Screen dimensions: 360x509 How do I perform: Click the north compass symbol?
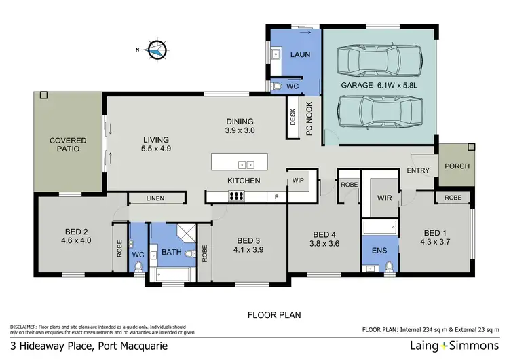click(156, 50)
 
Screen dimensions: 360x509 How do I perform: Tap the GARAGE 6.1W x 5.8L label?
click(377, 86)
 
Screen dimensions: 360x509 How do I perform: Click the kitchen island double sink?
click(246, 164)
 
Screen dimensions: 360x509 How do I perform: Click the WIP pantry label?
click(299, 181)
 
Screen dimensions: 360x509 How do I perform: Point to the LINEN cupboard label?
click(156, 198)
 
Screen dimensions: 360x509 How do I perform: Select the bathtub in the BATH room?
click(172, 274)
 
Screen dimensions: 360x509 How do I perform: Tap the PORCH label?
click(456, 166)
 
